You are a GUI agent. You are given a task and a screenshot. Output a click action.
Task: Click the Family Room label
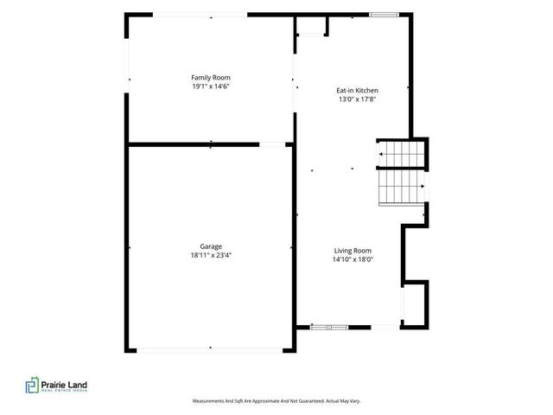[x=211, y=78]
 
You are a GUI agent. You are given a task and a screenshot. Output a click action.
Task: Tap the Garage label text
[x=211, y=246]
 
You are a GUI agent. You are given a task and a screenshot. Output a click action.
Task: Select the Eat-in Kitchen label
[x=357, y=91]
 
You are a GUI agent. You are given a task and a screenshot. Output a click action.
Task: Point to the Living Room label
[x=353, y=251]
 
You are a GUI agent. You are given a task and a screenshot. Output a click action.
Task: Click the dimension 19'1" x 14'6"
[x=211, y=86]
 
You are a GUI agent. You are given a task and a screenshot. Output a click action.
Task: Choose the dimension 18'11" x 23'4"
[x=211, y=255]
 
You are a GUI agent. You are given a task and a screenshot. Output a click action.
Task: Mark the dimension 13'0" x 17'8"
[x=357, y=99]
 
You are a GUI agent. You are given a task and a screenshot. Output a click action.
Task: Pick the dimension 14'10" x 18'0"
[x=353, y=259]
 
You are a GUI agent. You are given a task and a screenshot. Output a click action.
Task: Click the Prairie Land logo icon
[x=32, y=385]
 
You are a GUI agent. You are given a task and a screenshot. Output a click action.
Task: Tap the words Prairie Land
[x=64, y=385]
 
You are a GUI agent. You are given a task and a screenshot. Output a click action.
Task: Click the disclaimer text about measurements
[x=276, y=401]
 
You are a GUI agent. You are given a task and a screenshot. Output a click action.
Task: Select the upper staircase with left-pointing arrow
[x=402, y=154]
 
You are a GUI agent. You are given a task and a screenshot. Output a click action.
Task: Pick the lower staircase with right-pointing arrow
[x=402, y=187]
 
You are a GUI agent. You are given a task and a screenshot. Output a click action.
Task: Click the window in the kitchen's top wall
[x=384, y=15]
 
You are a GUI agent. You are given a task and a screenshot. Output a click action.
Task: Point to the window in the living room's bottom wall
[x=329, y=327]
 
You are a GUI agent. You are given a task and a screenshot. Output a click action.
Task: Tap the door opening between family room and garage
[x=272, y=144]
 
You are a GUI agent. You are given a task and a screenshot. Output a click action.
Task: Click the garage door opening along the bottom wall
[x=209, y=350]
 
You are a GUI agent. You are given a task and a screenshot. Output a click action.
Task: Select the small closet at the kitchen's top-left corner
[x=312, y=25]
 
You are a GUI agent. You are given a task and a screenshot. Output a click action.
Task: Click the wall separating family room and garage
[x=194, y=144]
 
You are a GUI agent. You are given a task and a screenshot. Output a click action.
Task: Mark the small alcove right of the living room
[x=415, y=303]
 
